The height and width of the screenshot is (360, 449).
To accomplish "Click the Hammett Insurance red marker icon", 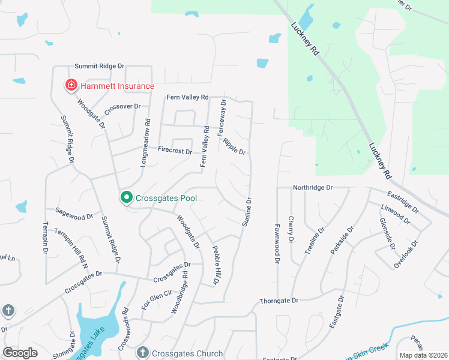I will pos(71,86).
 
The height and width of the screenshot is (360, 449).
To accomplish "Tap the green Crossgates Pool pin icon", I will pos(127,197).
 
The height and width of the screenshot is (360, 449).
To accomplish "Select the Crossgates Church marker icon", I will pos(142,353).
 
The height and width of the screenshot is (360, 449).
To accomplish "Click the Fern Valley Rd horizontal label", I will pos(187,97).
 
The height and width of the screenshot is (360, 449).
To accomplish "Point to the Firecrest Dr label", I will pos(175,152).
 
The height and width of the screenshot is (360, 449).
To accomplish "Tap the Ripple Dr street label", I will pos(234,146).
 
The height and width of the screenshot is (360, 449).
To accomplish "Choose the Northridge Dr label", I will pos(312,188).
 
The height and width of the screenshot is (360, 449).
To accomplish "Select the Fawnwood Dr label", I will pos(277,248).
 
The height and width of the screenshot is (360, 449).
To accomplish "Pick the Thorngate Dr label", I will pos(279,301).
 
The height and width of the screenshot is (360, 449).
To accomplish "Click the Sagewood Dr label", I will pos(74,212).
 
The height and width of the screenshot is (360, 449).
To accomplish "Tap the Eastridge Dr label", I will pos(402,202).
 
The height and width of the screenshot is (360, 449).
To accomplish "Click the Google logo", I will pos(20,353).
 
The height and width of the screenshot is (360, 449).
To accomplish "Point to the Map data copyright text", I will pos(423,355).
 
